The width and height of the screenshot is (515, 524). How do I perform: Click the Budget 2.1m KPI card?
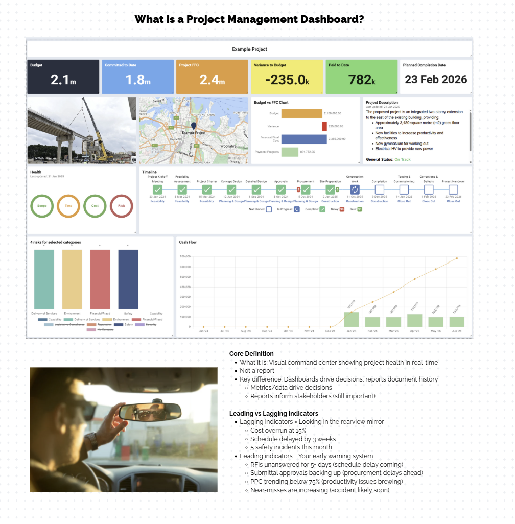click(x=63, y=77)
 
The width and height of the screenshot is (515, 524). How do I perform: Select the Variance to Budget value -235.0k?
click(x=287, y=80)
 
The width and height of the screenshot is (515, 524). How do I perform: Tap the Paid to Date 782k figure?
click(x=361, y=80)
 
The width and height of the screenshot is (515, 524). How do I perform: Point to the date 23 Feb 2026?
click(x=436, y=80)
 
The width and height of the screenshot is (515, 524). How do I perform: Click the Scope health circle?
click(x=42, y=206)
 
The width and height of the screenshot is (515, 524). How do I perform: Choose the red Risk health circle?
click(x=121, y=206)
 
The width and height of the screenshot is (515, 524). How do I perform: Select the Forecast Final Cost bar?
click(x=303, y=139)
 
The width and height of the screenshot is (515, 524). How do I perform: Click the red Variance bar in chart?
click(x=324, y=126)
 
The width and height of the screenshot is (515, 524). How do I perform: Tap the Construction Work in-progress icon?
click(x=355, y=189)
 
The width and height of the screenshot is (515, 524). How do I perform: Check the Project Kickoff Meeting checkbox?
click(x=157, y=189)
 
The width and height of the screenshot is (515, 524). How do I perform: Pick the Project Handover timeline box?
click(x=453, y=189)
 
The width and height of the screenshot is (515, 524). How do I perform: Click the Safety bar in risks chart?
click(x=128, y=279)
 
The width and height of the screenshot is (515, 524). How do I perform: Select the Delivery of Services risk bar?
click(x=44, y=279)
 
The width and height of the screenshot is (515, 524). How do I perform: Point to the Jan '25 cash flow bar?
click(x=351, y=319)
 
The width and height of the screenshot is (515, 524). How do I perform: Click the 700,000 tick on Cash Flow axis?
click(x=184, y=257)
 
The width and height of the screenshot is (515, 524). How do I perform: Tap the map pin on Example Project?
click(x=193, y=125)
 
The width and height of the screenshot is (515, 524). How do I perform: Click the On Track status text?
click(x=402, y=160)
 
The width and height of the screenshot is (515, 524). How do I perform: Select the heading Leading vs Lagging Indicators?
click(x=273, y=413)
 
